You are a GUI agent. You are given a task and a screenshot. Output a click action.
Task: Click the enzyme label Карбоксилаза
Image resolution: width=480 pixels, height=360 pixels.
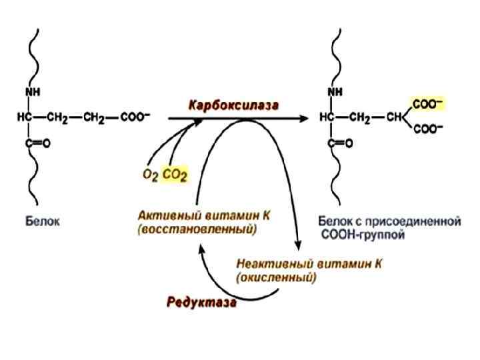(x=233, y=105)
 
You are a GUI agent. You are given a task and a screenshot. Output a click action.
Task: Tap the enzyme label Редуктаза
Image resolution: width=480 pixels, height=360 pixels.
(x=201, y=302)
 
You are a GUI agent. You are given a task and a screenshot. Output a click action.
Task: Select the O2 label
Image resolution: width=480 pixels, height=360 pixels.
(x=151, y=176)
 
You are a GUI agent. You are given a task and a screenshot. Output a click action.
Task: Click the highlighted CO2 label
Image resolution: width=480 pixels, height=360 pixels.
(x=175, y=176)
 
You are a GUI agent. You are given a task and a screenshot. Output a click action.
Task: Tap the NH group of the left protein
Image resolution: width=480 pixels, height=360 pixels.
(x=33, y=91)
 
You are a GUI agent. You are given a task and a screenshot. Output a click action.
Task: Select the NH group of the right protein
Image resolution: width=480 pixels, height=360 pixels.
(x=337, y=91)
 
